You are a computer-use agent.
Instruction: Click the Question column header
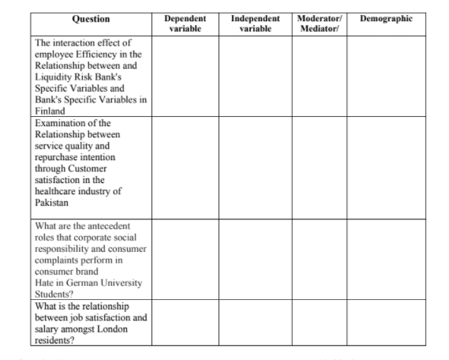click(90, 18)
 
